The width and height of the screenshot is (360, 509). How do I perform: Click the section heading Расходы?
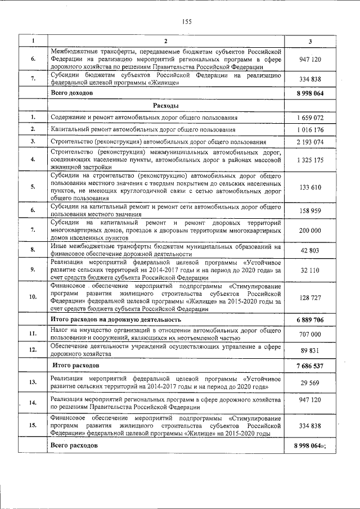(x=165, y=105)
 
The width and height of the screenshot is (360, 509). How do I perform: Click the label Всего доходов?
(x=71, y=92)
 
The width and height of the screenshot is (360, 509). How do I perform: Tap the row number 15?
(x=33, y=426)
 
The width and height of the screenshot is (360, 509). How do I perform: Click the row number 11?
(x=33, y=334)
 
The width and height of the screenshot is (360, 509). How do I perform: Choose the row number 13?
(x=33, y=383)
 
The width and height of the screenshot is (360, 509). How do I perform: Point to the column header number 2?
(x=165, y=41)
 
